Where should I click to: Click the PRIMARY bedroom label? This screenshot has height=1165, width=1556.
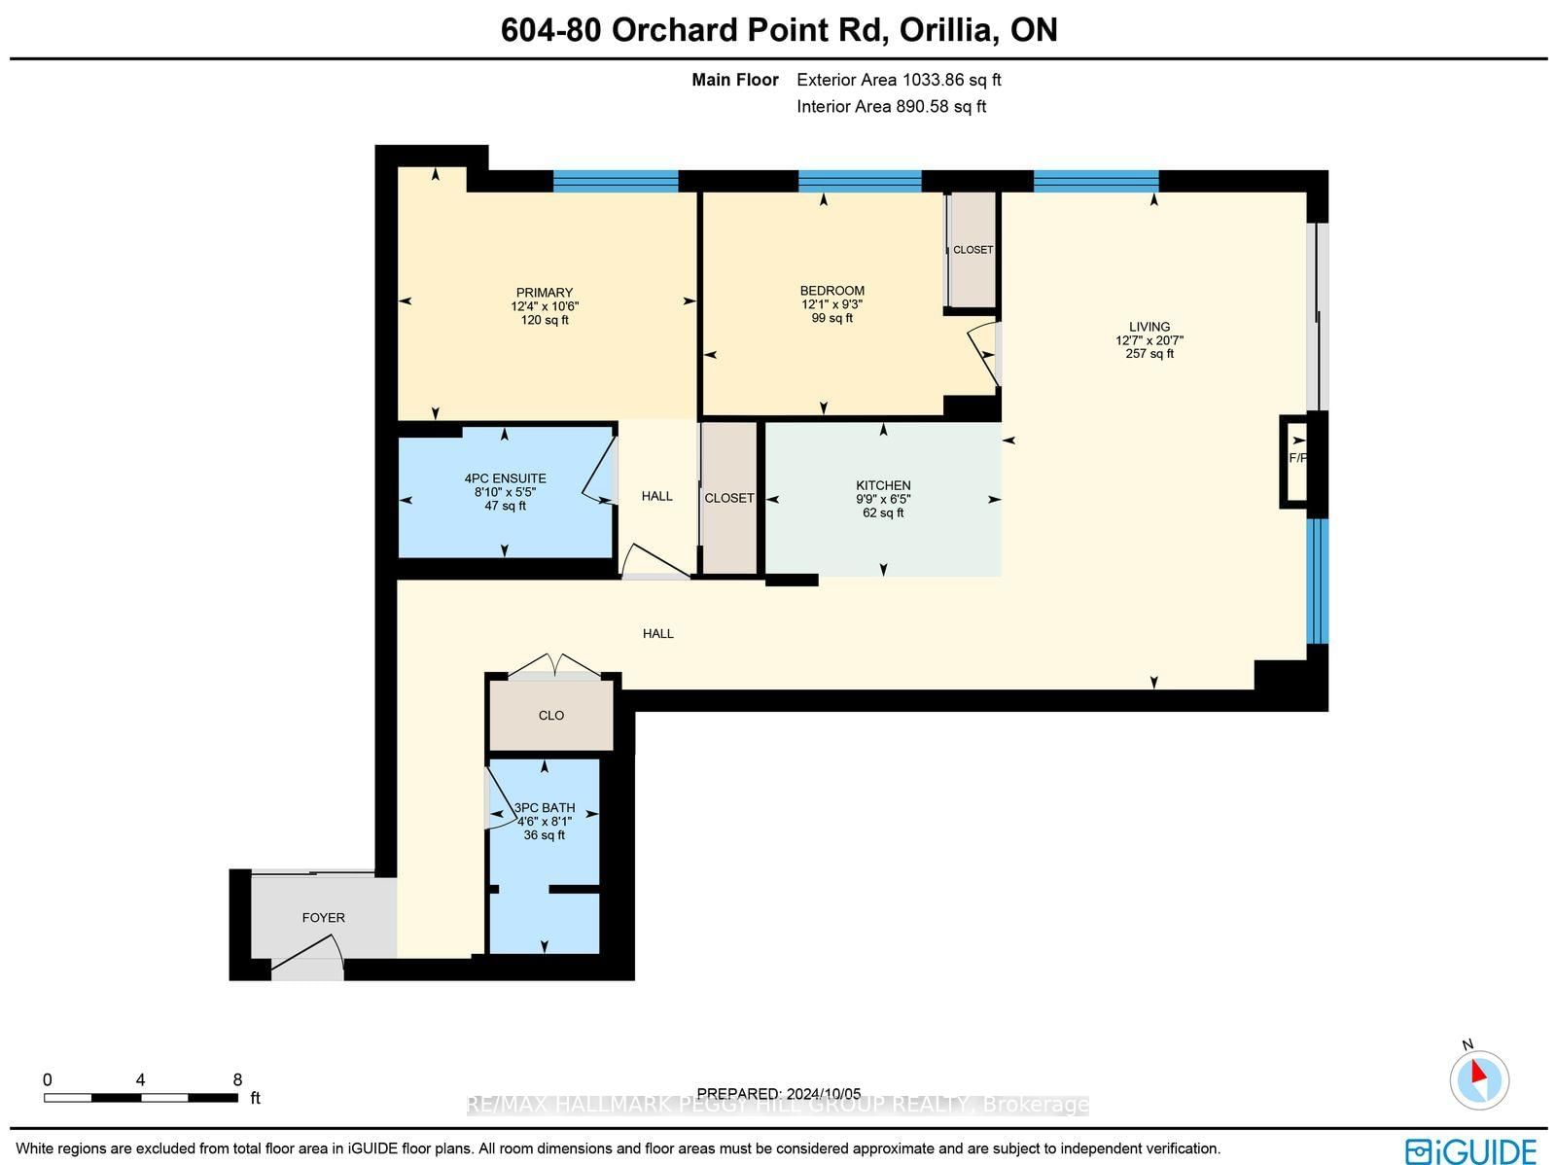click(x=545, y=293)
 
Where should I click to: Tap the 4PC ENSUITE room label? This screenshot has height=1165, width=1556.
click(x=505, y=478)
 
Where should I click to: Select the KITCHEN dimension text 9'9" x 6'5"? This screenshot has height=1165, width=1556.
click(x=883, y=499)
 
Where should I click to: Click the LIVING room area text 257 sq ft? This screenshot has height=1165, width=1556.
click(x=1149, y=354)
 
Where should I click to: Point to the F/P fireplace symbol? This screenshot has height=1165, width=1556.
click(x=1296, y=458)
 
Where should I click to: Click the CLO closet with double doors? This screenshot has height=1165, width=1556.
click(x=550, y=715)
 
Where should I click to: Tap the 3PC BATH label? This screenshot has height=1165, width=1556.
click(x=545, y=807)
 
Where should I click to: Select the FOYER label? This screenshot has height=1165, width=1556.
click(x=323, y=917)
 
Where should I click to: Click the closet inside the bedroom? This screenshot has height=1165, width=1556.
click(x=972, y=250)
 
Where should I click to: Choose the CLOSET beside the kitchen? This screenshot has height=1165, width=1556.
click(x=729, y=498)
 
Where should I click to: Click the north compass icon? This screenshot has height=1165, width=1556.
click(x=1478, y=1077)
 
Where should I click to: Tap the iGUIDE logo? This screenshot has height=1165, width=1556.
click(x=1470, y=1150)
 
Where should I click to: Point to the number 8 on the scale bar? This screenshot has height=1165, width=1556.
click(x=237, y=1079)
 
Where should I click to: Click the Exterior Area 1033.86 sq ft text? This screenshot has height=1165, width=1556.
click(x=899, y=80)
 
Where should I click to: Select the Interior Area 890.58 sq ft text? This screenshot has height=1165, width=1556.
click(x=891, y=107)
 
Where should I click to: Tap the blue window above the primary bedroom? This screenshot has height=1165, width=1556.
click(x=616, y=181)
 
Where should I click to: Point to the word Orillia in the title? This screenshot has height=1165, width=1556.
click(x=947, y=30)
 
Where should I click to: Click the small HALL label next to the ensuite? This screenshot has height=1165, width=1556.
click(x=656, y=496)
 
